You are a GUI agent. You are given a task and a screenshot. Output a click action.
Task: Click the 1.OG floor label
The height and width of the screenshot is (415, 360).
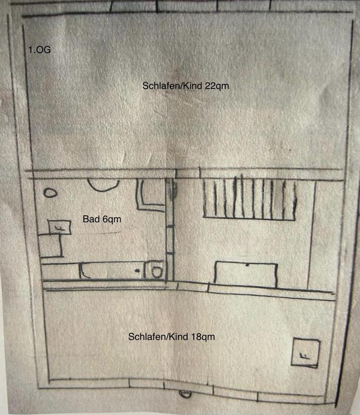[x=40, y=50]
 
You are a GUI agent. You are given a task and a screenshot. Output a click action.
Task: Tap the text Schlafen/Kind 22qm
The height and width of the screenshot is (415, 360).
[x=185, y=86]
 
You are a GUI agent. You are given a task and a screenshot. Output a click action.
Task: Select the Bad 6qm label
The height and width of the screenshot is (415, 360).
[x=102, y=219]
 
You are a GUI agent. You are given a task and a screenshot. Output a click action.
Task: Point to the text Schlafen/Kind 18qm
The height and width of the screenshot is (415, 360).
[x=171, y=337]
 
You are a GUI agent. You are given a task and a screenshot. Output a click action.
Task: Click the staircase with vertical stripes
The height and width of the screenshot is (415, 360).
[x=250, y=199]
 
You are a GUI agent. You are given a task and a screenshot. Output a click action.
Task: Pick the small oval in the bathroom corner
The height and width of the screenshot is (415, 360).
[x=51, y=193]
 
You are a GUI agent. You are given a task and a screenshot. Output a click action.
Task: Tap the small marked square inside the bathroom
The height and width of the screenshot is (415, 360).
[x=60, y=227]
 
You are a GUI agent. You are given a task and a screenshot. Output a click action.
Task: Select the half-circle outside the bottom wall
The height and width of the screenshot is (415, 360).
[x=185, y=394]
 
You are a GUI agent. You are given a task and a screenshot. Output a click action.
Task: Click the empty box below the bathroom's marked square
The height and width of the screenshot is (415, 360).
[x=51, y=246]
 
